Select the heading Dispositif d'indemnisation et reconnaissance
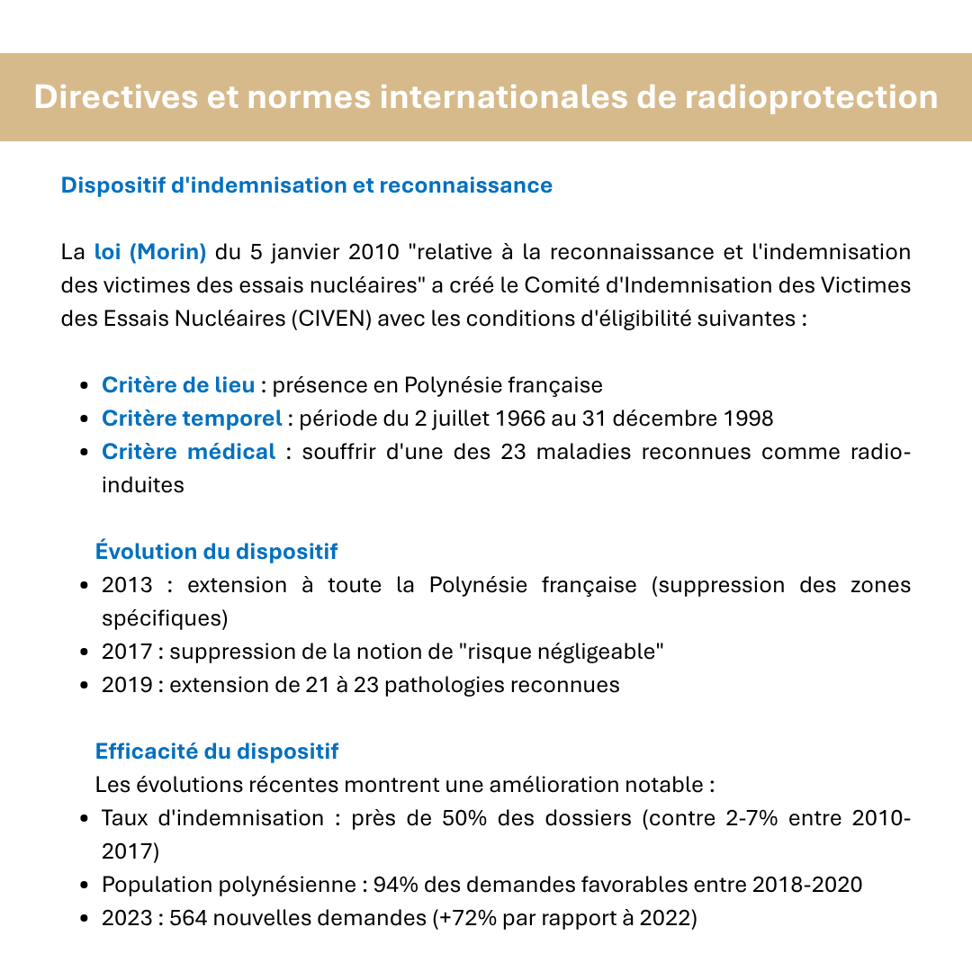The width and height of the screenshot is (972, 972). [x=306, y=185]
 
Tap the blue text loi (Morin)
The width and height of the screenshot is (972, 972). [x=150, y=251]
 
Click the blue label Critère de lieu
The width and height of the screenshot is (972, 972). [x=178, y=385]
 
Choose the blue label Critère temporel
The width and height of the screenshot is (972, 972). [x=192, y=418]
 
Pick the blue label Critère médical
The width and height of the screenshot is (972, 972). [x=189, y=452]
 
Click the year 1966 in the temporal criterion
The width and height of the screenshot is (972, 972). [x=517, y=418]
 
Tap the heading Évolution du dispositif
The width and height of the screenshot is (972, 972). [x=216, y=551]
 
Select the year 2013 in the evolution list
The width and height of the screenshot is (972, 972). [x=126, y=585]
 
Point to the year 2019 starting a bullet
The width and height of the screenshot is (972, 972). [x=126, y=684]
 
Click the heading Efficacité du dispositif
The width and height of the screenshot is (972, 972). [x=217, y=751]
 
